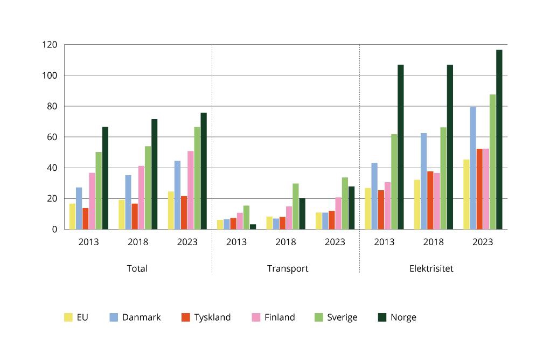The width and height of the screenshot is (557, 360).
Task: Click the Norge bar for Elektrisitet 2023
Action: (x=499, y=140)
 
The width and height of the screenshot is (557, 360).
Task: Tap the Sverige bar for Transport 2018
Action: (x=296, y=206)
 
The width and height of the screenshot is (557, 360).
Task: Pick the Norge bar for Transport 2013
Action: (x=253, y=227)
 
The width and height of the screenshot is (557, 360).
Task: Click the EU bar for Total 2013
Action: (x=72, y=216)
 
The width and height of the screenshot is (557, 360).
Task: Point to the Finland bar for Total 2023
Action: (x=191, y=190)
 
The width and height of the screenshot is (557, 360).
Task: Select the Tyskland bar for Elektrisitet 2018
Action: (x=430, y=200)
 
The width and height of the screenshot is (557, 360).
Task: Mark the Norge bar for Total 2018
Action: (x=154, y=174)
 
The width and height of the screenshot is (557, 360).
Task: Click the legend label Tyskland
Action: (x=212, y=317)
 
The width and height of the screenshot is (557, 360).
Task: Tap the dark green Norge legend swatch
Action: (x=382, y=317)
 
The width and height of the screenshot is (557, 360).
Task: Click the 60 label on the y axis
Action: (x=51, y=137)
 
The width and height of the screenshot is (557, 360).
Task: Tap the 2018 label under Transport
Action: (x=286, y=242)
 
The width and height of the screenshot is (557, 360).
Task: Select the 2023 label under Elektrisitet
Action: (x=483, y=242)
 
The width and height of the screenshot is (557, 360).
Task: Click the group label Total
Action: (x=137, y=268)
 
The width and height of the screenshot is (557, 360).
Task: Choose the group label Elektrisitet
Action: (x=431, y=268)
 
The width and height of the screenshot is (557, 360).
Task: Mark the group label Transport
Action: (x=288, y=268)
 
